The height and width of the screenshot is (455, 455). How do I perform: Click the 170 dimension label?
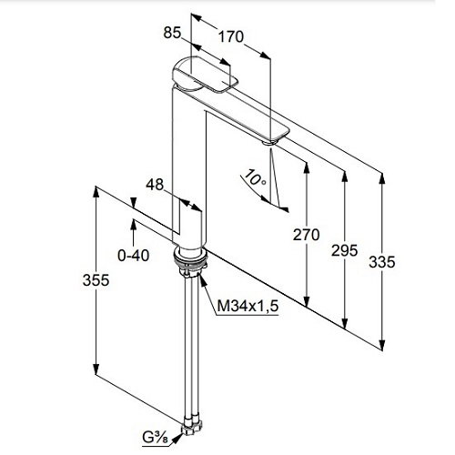click(x=231, y=36)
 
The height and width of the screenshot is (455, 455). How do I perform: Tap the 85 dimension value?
click(x=172, y=33)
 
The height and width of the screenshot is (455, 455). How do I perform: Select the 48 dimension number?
click(x=155, y=185)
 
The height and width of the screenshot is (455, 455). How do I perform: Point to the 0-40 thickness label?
click(x=134, y=256)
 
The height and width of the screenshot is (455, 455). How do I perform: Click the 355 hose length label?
click(x=96, y=280)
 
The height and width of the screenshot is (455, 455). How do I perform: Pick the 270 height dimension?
click(x=306, y=235)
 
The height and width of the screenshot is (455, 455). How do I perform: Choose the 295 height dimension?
click(x=345, y=250)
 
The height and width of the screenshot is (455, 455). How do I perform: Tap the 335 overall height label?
click(x=382, y=262)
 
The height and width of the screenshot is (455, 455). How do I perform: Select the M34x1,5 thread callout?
click(x=248, y=306)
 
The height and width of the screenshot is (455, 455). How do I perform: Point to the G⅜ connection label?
click(x=156, y=439)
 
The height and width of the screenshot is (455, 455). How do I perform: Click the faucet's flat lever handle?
click(x=205, y=75)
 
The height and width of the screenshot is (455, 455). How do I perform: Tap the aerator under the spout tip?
click(x=269, y=142)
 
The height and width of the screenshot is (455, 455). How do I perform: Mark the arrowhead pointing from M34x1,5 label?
click(x=203, y=279)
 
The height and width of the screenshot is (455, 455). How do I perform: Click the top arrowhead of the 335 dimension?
click(x=382, y=178)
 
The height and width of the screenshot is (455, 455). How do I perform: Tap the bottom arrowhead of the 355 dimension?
click(x=96, y=369)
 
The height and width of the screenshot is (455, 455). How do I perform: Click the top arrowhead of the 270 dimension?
click(x=307, y=168)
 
